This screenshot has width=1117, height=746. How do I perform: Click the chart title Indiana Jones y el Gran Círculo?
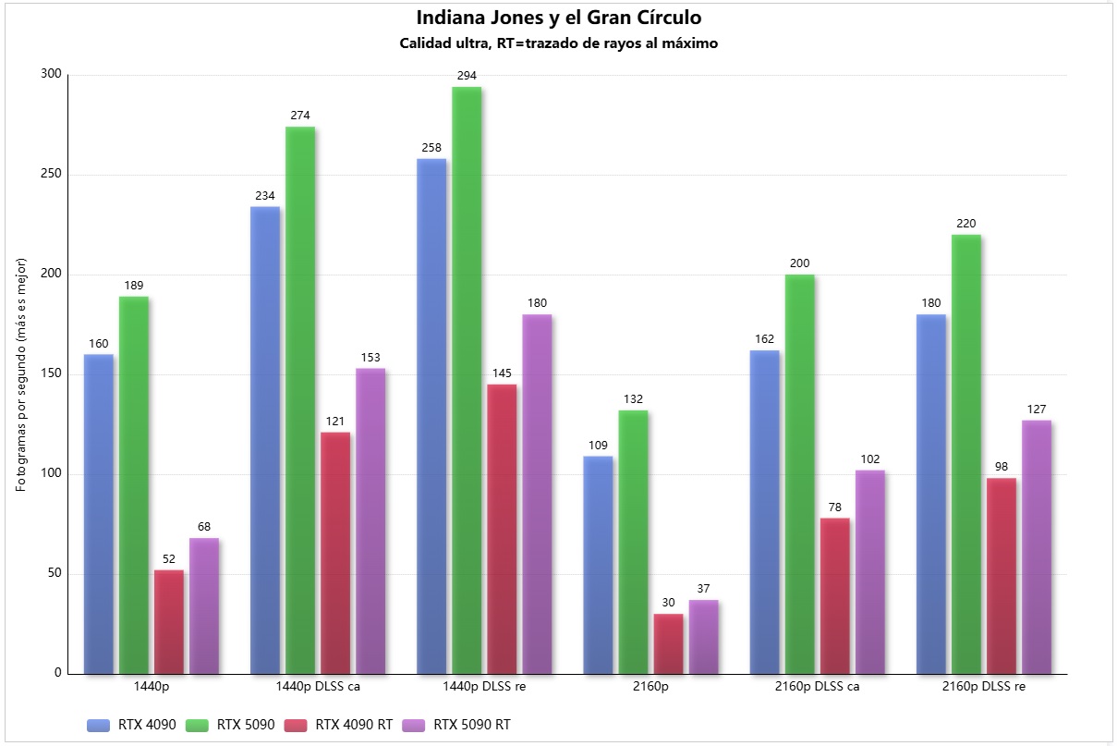(558, 18)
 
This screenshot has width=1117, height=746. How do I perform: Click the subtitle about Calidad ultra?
(558, 43)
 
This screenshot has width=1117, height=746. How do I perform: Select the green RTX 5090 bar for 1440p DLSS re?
(467, 379)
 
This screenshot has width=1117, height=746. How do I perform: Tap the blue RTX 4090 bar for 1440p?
(99, 513)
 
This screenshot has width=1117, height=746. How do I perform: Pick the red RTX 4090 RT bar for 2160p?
(668, 643)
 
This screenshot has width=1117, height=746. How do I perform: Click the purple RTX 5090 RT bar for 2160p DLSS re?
(1036, 546)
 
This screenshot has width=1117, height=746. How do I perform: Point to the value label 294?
(467, 76)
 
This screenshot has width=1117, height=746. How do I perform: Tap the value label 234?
(265, 195)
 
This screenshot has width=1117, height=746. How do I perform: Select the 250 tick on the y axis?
(52, 175)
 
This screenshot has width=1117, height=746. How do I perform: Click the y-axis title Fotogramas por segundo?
(22, 374)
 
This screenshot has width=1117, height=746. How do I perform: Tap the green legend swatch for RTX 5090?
(198, 725)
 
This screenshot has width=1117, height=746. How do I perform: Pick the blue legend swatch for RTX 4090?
(99, 725)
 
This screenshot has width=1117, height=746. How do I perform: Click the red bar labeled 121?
(335, 553)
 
